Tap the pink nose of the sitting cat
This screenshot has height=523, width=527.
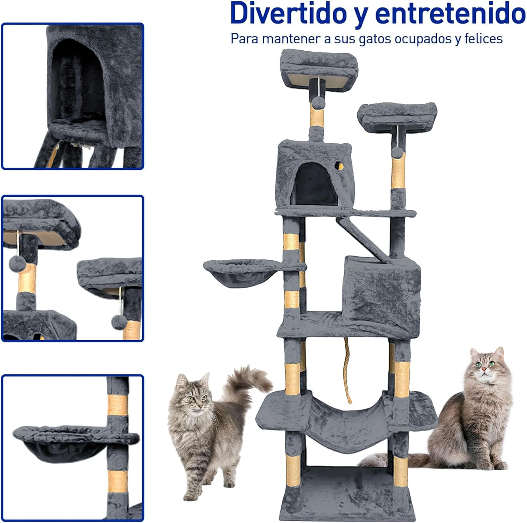[x=484, y=369]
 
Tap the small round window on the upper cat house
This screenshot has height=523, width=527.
[x=339, y=166]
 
